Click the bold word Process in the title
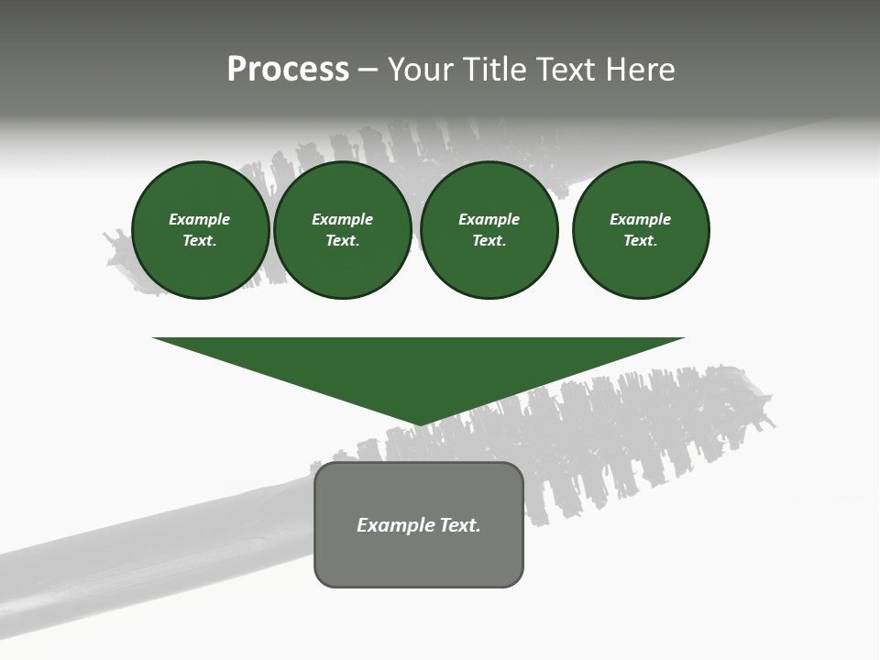coord(288,70)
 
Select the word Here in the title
coord(639,70)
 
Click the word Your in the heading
coord(420,70)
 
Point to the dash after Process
coord(368,71)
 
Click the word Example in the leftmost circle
coord(200,219)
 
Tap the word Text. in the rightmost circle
coord(641,240)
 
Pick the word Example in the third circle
coord(489,219)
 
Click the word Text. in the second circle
coord(343,240)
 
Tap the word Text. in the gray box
coord(461,525)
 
